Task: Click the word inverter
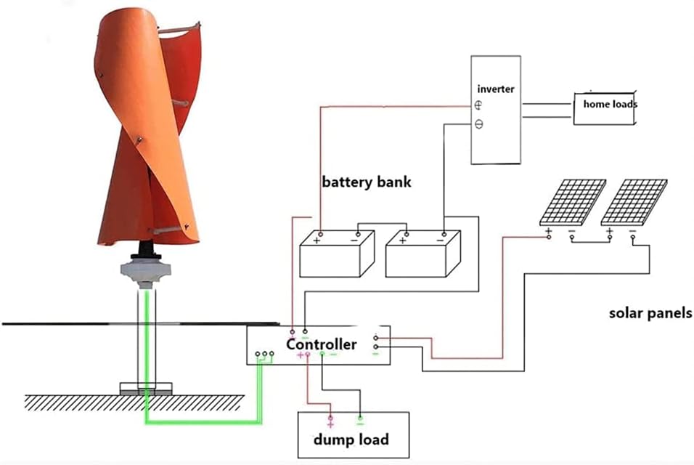coord(495,89)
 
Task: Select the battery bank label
coord(366,182)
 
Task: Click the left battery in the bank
coord(337,255)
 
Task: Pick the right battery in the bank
coord(422,255)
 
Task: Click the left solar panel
coord(573,201)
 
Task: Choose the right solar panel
coord(634,201)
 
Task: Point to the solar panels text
coord(650,314)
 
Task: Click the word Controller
coord(321,344)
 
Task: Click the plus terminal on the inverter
coord(479,106)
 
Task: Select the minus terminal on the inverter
coord(479,124)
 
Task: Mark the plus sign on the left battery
coord(317,241)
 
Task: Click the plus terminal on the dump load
coord(330,421)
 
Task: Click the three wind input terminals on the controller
coord(265,355)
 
